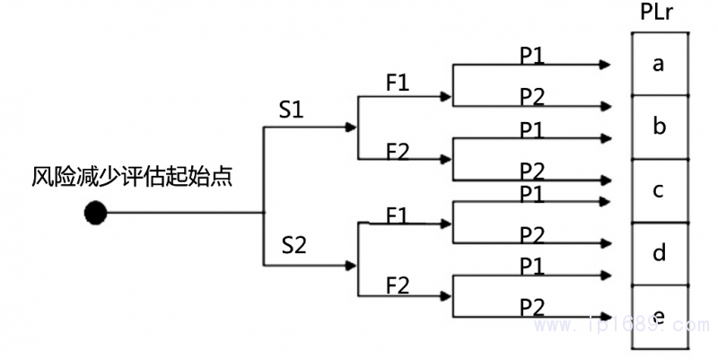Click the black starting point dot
point(95,213)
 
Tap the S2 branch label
point(295,244)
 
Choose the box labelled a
point(660,64)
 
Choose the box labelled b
point(660,127)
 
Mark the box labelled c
point(660,190)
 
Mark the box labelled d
point(660,254)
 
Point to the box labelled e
point(660,316)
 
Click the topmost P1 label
point(532,55)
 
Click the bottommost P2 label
point(532,306)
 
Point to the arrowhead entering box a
point(606,65)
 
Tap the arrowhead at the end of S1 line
point(351,127)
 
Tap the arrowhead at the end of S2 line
point(351,265)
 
